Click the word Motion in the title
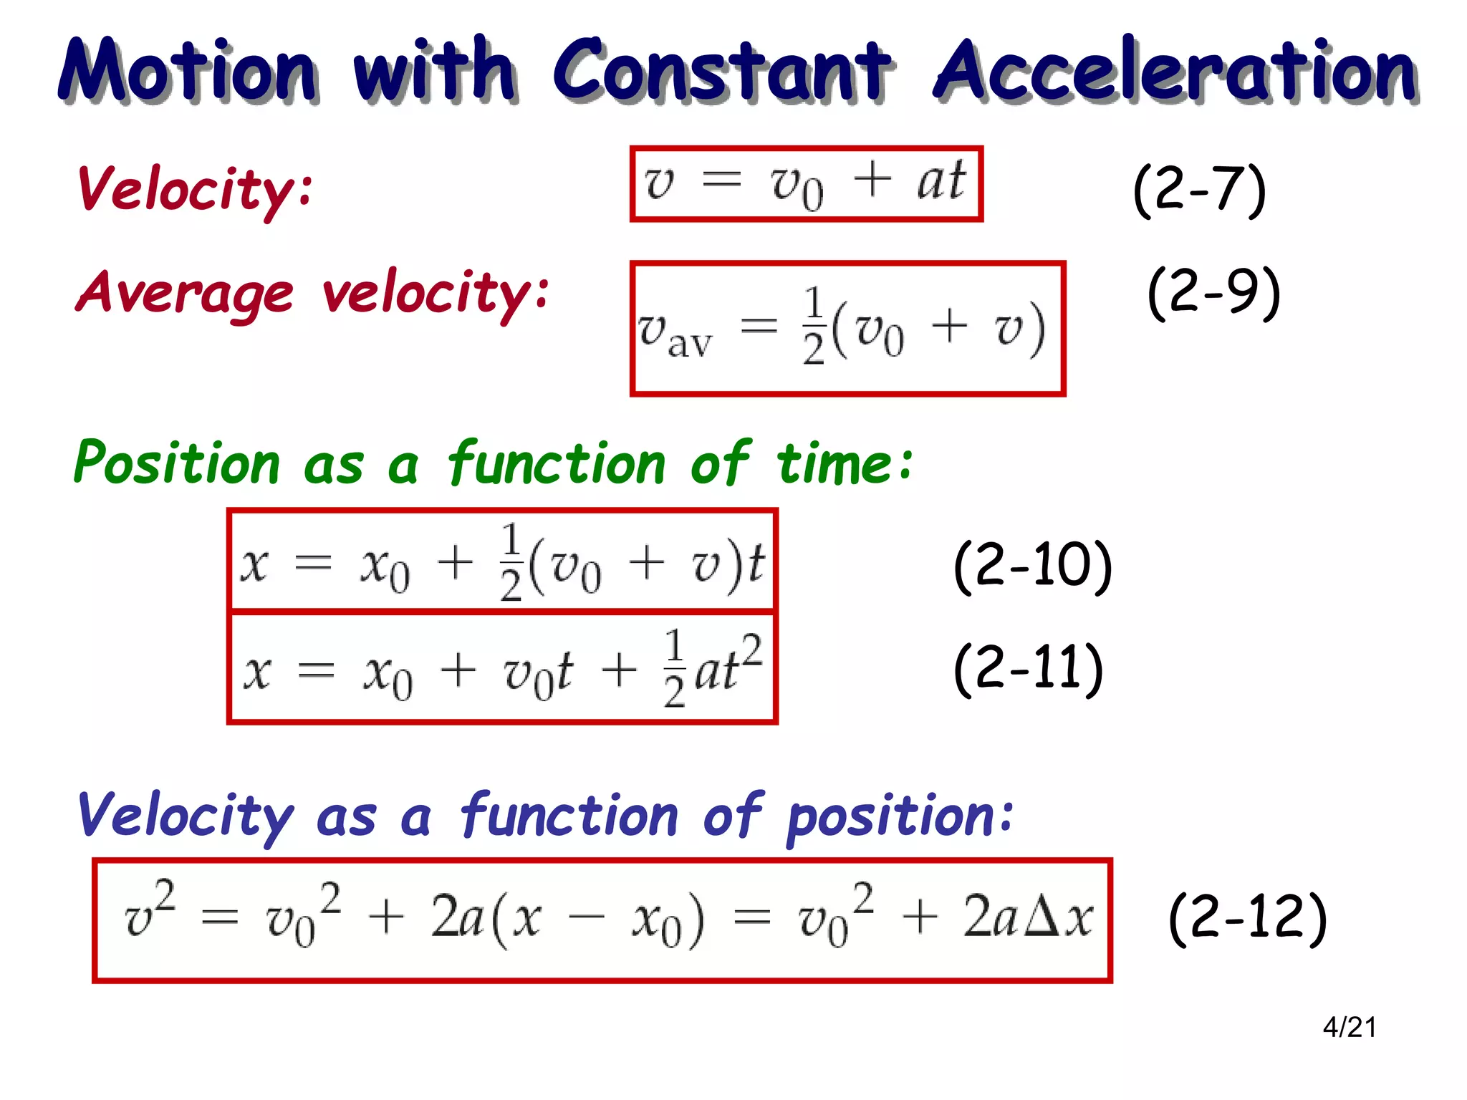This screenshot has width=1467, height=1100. coord(188,69)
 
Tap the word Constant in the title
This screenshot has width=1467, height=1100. coord(721,69)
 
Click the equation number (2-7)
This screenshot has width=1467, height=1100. coord(1200,190)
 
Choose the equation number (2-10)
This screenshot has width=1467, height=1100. coord(1032,566)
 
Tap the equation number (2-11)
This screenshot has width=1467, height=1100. coord(1028,669)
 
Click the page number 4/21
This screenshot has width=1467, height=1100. coord(1349,1028)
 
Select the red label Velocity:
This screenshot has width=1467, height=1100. coord(195,190)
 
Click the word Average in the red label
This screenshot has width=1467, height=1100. coord(185,294)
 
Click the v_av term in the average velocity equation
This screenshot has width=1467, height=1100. coord(675,334)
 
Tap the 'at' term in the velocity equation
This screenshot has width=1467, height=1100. coord(941,180)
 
